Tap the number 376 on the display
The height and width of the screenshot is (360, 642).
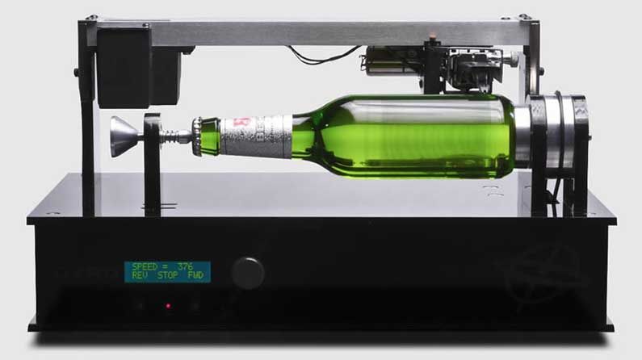(188, 267)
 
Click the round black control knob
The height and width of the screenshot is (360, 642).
(248, 273)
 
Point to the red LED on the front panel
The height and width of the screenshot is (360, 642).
(168, 306)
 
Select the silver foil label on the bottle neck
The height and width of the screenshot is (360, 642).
(257, 135)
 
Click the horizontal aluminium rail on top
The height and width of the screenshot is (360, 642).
(323, 32)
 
